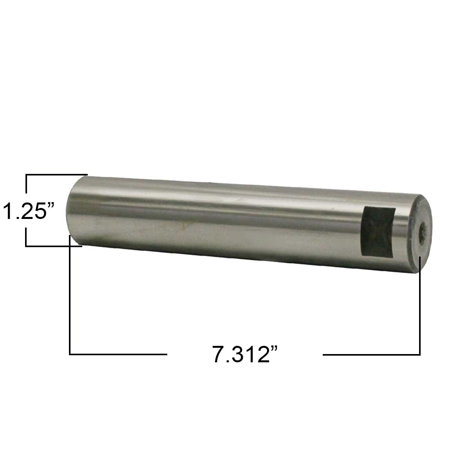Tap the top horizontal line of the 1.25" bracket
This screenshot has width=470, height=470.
[x=56, y=174]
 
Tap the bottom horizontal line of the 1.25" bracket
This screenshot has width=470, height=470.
[x=54, y=246]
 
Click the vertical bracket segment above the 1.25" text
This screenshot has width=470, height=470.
[x=26, y=184]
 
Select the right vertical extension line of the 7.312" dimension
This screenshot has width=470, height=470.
[x=420, y=305]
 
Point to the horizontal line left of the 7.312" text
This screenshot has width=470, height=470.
[x=117, y=354]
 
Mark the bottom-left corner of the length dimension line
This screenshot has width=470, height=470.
[x=70, y=354]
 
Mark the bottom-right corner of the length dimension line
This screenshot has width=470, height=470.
[x=420, y=354]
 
